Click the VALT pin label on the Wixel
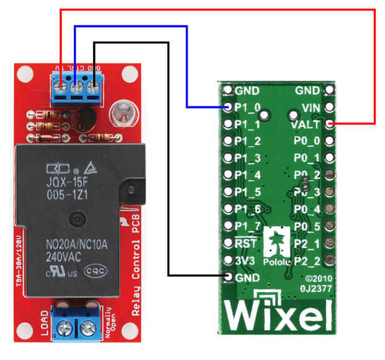click(x=304, y=124)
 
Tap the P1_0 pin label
click(x=248, y=108)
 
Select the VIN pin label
click(x=310, y=107)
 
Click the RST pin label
click(x=246, y=242)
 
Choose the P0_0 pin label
click(x=307, y=141)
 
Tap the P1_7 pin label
click(x=248, y=225)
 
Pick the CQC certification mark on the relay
click(x=96, y=270)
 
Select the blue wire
click(x=187, y=62)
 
